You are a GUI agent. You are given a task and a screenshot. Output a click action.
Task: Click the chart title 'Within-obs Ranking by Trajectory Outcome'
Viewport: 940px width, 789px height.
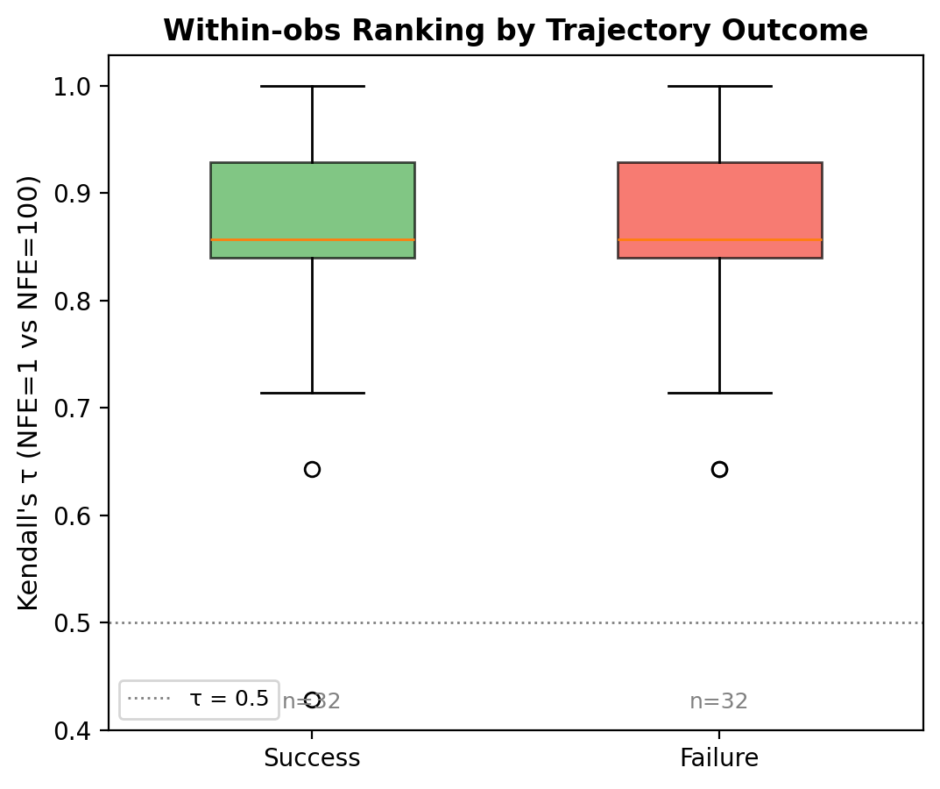(x=515, y=31)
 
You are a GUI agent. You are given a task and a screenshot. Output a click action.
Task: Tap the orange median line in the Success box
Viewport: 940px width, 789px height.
(x=312, y=239)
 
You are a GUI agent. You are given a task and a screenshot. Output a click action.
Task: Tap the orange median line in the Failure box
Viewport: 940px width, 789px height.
(x=719, y=239)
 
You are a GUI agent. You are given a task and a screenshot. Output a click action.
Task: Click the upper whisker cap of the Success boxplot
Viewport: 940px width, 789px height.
(x=312, y=86)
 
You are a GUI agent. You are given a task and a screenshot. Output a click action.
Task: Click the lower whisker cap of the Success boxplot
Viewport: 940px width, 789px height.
(x=312, y=393)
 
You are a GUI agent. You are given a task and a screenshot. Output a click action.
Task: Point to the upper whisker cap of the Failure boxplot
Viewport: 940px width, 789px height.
(x=719, y=86)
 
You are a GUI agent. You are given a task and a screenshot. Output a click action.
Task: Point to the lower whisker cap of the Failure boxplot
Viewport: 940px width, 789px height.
(x=719, y=393)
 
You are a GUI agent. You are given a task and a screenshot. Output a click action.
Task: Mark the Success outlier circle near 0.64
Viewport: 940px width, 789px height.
(x=312, y=469)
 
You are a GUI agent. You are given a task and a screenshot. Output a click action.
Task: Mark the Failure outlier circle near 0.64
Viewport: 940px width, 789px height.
(x=719, y=469)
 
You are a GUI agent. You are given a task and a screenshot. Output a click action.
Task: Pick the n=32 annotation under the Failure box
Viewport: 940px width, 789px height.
(x=718, y=701)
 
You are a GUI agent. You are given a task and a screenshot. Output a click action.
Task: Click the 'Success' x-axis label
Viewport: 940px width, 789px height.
(x=312, y=758)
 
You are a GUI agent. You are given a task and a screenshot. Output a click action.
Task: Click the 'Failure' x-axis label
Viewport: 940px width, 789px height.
(x=719, y=758)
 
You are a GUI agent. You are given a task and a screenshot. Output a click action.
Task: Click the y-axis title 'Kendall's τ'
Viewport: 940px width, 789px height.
(x=28, y=393)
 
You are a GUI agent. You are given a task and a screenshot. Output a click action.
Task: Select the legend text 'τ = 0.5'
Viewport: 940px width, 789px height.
(x=229, y=699)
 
